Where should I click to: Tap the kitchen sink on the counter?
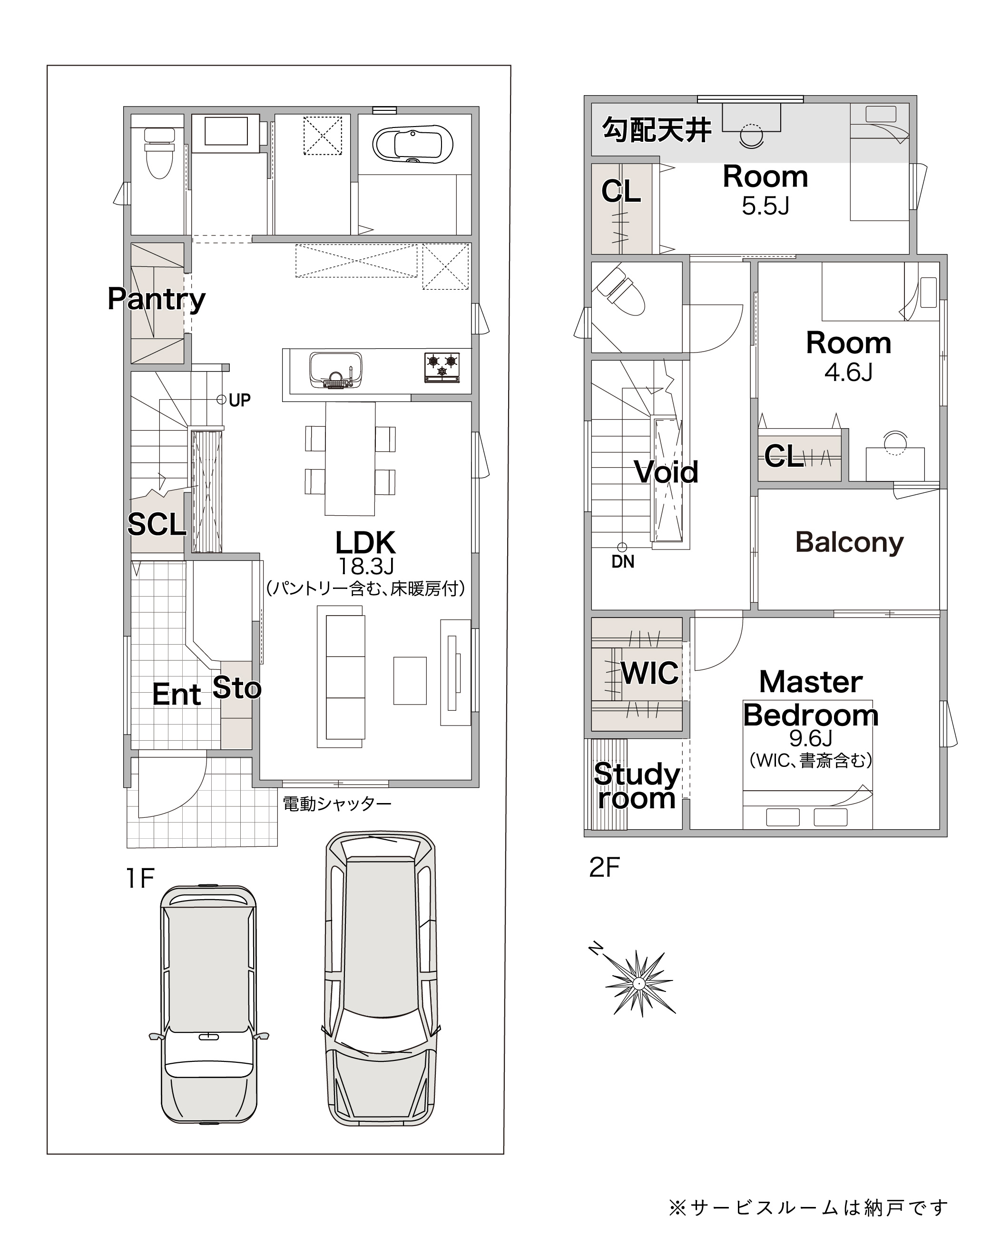tap(335, 370)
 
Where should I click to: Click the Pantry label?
tap(157, 299)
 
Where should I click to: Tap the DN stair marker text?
tap(623, 562)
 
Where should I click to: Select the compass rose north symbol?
tap(638, 982)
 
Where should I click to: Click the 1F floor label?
tap(140, 879)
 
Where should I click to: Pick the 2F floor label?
tap(605, 868)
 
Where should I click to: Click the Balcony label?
tap(849, 542)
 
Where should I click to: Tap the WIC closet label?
tap(650, 673)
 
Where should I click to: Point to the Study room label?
tap(637, 786)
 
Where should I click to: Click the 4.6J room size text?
tap(849, 373)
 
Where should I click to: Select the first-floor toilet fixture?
tap(158, 153)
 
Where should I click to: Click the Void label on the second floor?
tap(666, 472)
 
